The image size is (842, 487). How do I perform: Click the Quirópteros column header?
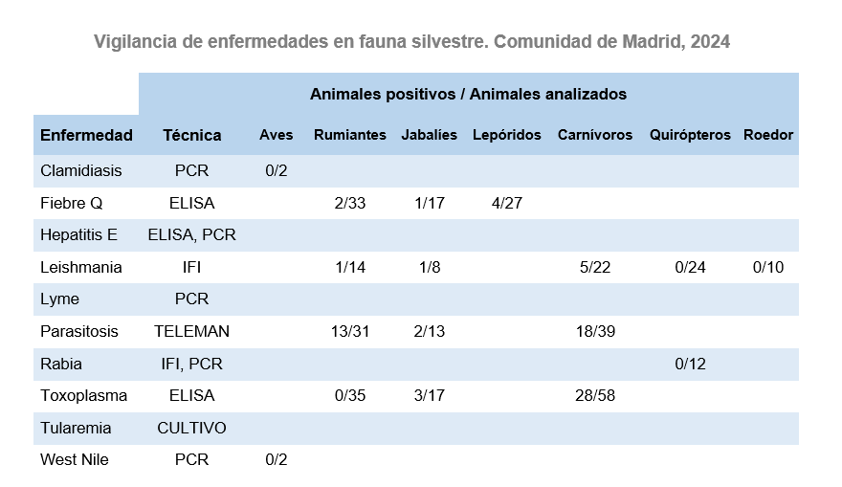pyautogui.click(x=690, y=135)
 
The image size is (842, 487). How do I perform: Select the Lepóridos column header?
pyautogui.click(x=506, y=135)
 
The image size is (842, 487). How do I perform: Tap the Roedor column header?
pyautogui.click(x=767, y=135)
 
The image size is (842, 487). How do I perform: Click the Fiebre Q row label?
pyautogui.click(x=71, y=203)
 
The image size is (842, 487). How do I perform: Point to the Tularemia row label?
pyautogui.click(x=76, y=428)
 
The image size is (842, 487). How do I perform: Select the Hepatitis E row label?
pyautogui.click(x=78, y=235)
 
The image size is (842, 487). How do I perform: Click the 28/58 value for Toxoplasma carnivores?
pyautogui.click(x=595, y=395)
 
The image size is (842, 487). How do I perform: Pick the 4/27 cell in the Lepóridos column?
pyautogui.click(x=506, y=203)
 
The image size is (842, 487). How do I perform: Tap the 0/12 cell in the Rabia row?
pyautogui.click(x=690, y=364)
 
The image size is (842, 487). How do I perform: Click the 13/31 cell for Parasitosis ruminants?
pyautogui.click(x=350, y=331)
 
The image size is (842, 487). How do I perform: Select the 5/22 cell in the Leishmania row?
pyautogui.click(x=595, y=267)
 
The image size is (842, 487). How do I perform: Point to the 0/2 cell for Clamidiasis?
pyautogui.click(x=276, y=171)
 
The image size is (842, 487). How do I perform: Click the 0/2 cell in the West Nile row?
pyautogui.click(x=276, y=459)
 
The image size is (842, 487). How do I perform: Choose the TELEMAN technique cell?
pyautogui.click(x=191, y=331)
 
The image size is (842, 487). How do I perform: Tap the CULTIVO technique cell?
pyautogui.click(x=191, y=428)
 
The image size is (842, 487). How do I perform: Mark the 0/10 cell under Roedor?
pyautogui.click(x=767, y=267)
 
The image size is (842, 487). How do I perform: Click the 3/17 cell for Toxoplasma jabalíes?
pyautogui.click(x=429, y=395)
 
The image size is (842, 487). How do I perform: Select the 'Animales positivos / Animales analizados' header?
pyautogui.click(x=468, y=94)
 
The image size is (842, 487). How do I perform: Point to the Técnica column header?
pyautogui.click(x=191, y=135)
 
